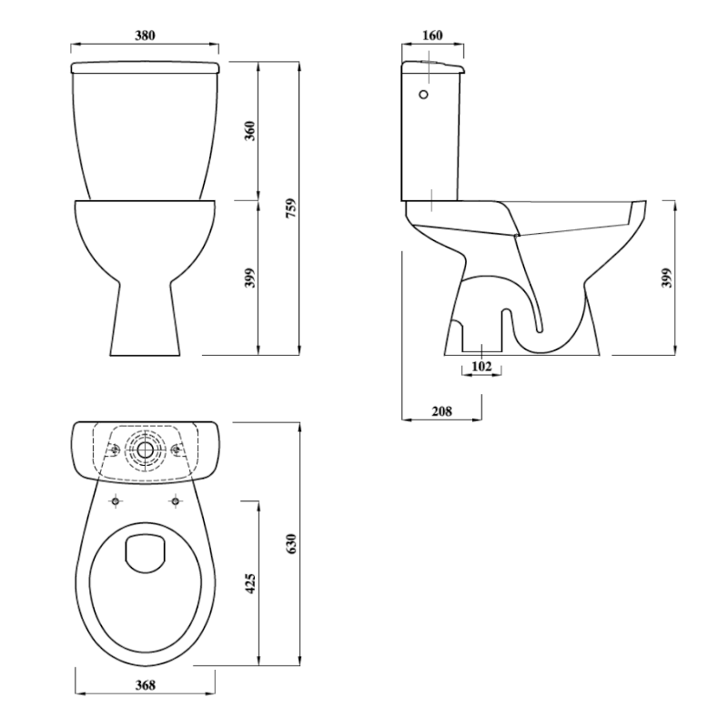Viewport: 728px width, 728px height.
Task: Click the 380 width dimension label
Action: [x=146, y=35]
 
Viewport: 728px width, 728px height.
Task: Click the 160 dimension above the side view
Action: [x=433, y=35]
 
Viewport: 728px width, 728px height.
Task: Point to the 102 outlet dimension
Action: [x=482, y=366]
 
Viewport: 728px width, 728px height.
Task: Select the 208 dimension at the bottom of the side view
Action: [x=441, y=411]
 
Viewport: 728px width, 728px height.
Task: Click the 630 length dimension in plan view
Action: [x=292, y=543]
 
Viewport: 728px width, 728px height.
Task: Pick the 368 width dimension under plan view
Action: [x=144, y=685]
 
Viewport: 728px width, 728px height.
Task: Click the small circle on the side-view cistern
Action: [x=422, y=93]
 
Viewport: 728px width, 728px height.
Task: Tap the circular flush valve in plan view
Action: [x=145, y=450]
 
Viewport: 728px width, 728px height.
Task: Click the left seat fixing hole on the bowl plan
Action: [x=116, y=500]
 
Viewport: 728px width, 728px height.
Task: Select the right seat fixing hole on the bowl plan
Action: [x=174, y=500]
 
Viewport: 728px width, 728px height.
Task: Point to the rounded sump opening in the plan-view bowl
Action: [x=145, y=553]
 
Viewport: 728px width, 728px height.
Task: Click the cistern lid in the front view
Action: [x=146, y=67]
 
